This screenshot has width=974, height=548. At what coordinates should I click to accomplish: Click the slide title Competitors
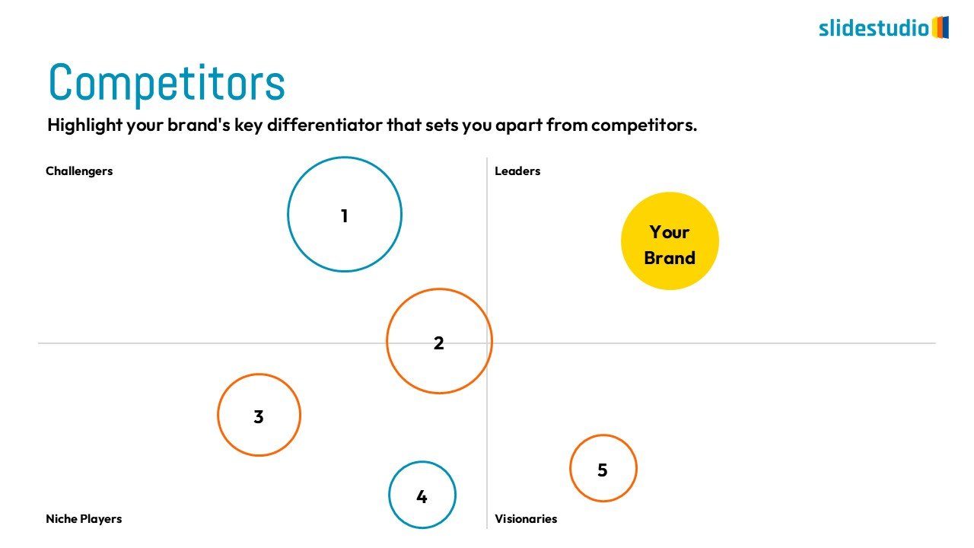click(167, 83)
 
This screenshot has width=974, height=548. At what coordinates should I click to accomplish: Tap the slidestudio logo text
click(874, 28)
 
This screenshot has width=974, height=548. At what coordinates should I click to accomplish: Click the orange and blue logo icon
click(940, 27)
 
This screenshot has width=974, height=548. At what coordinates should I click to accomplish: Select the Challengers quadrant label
click(79, 171)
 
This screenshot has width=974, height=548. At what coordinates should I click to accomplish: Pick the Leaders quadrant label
click(517, 171)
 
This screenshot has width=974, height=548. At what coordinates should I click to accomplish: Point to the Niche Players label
click(84, 519)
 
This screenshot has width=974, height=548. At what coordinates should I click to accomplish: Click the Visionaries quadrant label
click(526, 519)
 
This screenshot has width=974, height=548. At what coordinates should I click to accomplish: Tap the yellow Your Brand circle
click(670, 241)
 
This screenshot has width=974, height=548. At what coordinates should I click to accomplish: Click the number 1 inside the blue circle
click(345, 216)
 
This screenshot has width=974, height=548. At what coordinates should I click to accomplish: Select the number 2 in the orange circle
click(439, 343)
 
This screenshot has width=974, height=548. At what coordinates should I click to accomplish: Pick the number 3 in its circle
click(259, 416)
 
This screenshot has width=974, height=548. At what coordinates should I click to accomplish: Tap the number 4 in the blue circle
click(422, 497)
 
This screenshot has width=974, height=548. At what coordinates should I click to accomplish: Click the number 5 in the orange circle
click(602, 470)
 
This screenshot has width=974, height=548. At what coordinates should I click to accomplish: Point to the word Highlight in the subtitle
click(84, 126)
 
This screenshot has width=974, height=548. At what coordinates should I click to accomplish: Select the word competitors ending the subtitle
click(644, 126)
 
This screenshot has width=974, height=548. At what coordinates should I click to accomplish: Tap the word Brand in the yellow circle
click(670, 258)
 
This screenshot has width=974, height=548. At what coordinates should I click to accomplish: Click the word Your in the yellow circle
click(670, 232)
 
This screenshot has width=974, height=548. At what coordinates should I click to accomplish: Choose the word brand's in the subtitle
click(199, 125)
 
